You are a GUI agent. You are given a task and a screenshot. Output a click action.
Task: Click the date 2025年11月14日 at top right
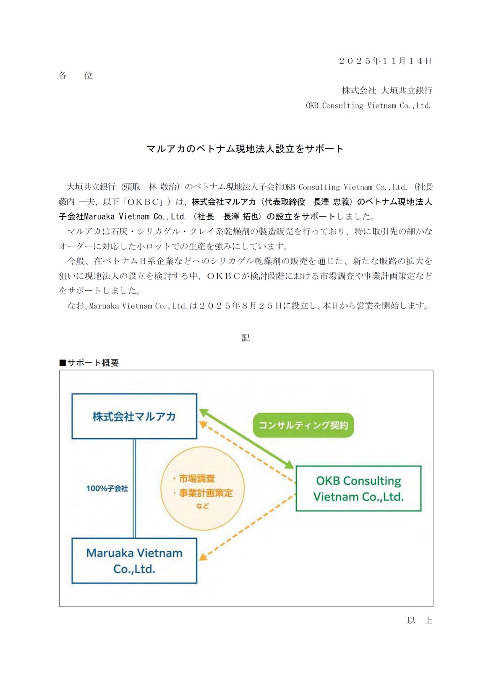[385, 61]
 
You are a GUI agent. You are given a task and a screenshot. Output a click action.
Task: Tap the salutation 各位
[76, 76]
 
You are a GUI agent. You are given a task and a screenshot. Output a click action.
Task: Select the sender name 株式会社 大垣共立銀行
[387, 90]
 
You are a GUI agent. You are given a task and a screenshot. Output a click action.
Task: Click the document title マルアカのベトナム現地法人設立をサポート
[245, 149]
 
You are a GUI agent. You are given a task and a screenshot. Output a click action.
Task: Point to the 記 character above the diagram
[245, 338]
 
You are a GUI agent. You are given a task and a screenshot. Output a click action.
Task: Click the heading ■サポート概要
[89, 363]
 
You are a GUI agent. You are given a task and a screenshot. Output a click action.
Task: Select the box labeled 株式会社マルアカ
[134, 416]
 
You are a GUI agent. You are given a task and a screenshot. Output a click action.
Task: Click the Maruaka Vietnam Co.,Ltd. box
[134, 560]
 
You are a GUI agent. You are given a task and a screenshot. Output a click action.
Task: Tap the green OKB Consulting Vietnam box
[358, 488]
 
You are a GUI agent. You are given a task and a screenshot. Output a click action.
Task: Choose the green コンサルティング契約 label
[303, 425]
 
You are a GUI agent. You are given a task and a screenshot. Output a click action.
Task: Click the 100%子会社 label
[107, 488]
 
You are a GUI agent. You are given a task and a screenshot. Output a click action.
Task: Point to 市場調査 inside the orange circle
[197, 478]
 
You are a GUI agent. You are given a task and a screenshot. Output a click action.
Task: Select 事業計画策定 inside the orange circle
[206, 493]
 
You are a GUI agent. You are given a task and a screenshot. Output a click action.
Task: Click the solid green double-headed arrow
[247, 439]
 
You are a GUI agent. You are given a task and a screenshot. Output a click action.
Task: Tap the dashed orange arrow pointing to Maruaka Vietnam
[248, 527]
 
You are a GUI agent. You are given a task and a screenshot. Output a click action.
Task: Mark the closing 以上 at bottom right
[419, 620]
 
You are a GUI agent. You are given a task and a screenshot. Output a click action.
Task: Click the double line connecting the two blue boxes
[134, 488]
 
